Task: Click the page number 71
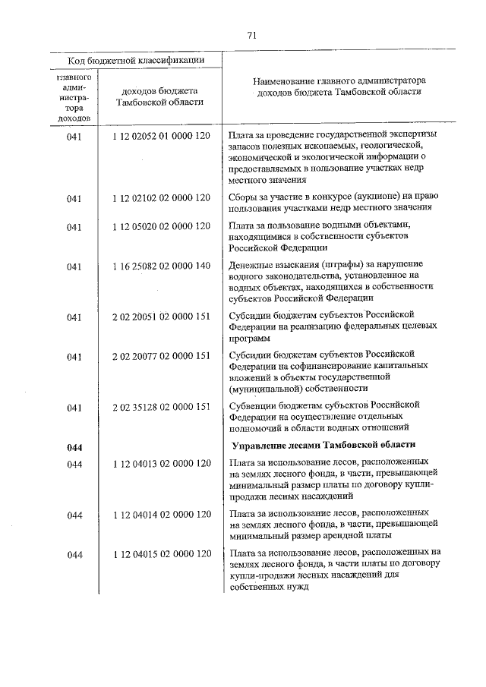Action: (251, 34)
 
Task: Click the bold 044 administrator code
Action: (74, 447)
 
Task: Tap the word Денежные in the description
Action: (250, 265)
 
